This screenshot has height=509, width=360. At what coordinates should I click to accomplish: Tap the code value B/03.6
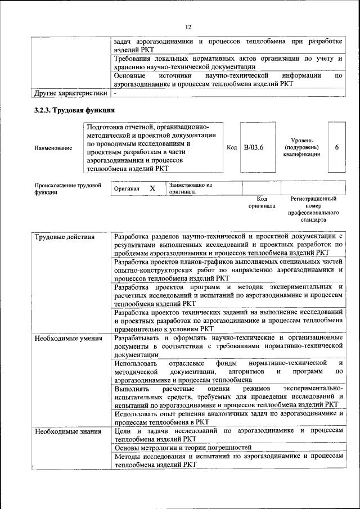point(254,147)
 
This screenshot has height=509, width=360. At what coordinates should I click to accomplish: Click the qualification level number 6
point(336,147)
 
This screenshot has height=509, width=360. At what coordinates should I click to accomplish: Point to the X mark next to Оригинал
point(152,189)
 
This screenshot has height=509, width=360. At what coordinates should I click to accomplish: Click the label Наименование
point(53,148)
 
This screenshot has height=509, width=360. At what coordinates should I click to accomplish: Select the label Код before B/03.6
point(232,147)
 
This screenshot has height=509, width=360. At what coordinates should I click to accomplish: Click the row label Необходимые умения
point(69,338)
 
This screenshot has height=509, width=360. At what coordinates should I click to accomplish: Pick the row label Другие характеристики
point(70,92)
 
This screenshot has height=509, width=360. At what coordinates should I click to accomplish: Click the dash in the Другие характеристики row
point(115,92)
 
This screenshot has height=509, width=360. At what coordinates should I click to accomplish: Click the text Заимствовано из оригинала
point(191,188)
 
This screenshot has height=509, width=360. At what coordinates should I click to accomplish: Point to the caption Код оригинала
point(262,202)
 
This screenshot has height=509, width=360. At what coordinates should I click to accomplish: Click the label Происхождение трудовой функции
point(67,188)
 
